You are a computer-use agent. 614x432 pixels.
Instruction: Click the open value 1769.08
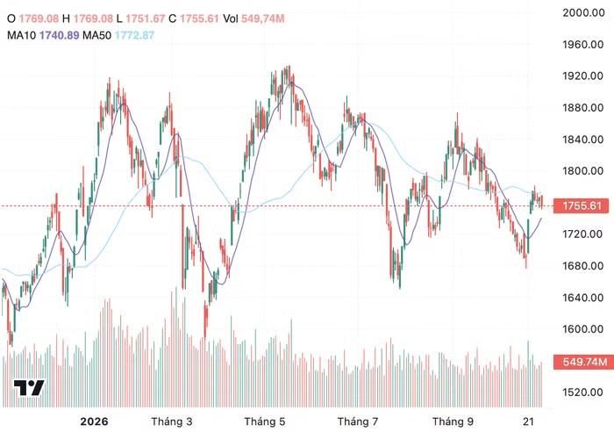39,18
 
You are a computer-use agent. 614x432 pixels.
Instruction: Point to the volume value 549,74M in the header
263,18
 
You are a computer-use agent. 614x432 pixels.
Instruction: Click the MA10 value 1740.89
59,35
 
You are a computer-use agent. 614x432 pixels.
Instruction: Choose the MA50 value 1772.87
135,35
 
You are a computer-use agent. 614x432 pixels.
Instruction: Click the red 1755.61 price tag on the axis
582,205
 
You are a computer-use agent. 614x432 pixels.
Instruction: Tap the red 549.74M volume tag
582,362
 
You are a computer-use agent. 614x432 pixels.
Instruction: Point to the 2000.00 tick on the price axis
583,12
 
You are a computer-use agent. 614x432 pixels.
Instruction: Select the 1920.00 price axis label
583,76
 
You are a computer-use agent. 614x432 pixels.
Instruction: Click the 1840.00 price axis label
583,139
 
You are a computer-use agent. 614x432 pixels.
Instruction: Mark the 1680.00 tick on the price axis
583,266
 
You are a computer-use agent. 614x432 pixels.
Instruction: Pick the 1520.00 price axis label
583,392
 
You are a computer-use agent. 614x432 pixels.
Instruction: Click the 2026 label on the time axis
94,421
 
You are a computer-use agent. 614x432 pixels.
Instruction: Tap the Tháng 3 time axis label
172,421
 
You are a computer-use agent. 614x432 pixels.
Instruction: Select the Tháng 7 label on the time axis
358,421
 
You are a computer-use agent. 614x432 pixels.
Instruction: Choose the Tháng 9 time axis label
453,421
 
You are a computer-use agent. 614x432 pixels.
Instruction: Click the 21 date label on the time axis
529,421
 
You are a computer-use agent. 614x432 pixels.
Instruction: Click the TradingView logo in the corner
29,388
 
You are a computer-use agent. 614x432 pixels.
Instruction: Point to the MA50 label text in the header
96,35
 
